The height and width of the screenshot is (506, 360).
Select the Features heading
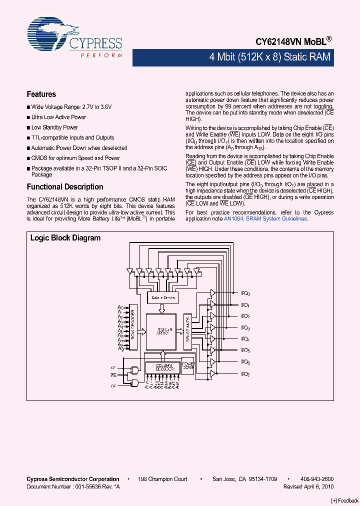(x=41, y=94)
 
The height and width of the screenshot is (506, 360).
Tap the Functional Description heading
(x=64, y=186)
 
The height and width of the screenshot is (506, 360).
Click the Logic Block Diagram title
(x=65, y=238)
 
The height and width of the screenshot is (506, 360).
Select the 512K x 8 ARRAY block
(x=161, y=331)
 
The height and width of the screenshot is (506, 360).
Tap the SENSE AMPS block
(x=187, y=331)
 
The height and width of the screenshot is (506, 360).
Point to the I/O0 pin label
(x=245, y=293)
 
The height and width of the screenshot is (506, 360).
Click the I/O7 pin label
(x=245, y=374)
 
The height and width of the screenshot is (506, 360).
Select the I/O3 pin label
(x=245, y=328)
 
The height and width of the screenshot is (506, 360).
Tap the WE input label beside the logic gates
(x=113, y=374)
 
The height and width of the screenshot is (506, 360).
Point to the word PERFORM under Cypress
(x=101, y=55)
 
